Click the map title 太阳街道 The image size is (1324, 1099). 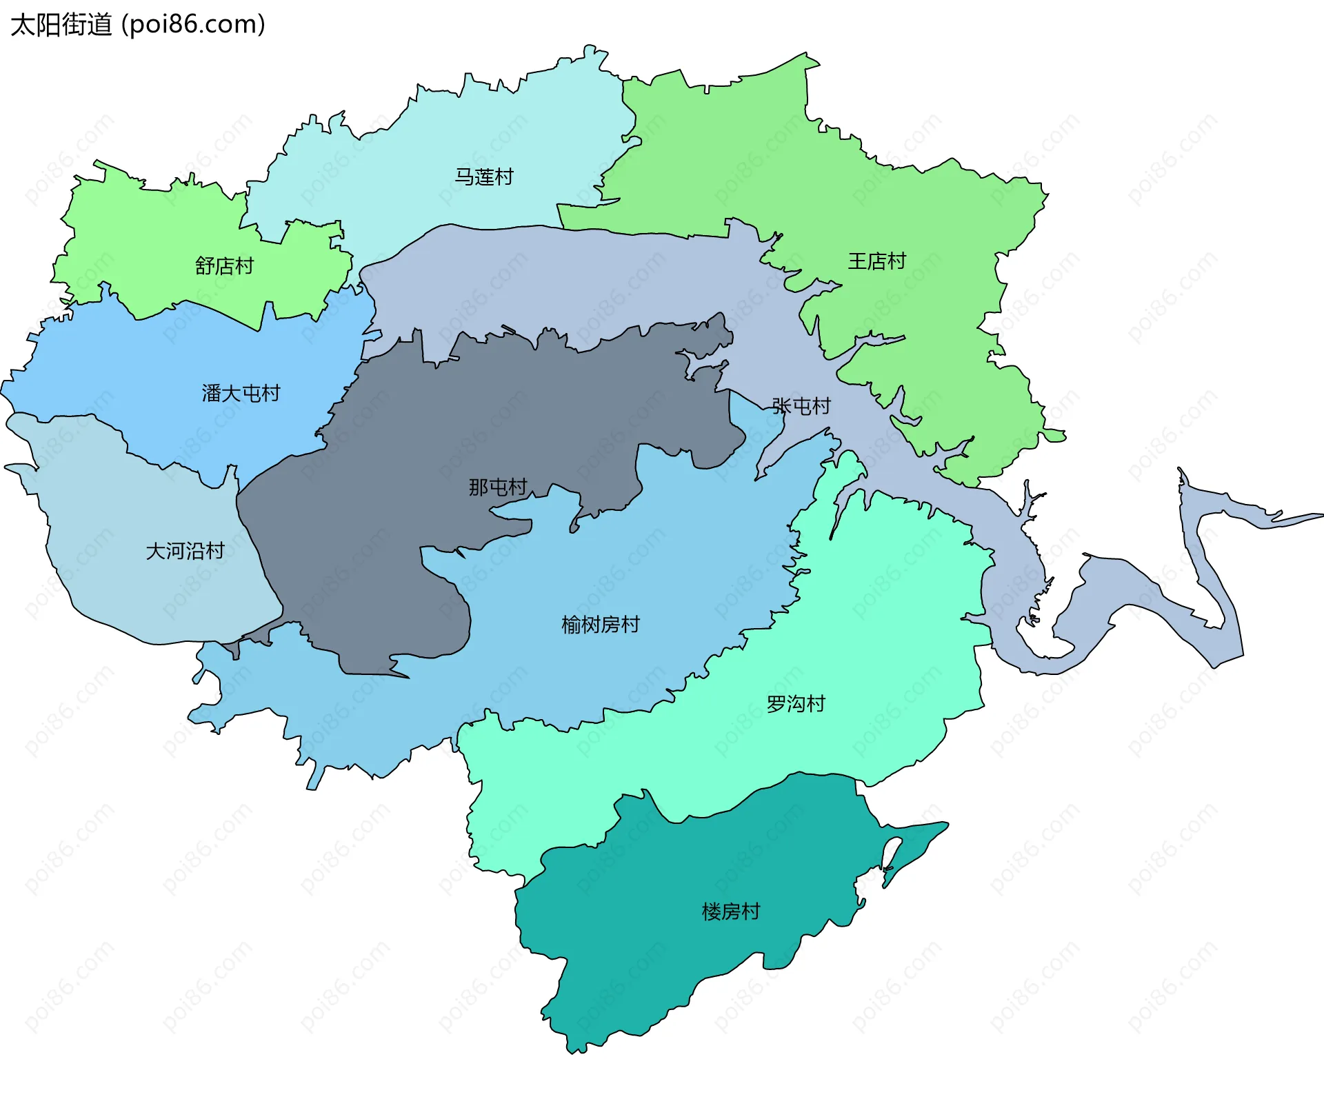pyautogui.click(x=61, y=25)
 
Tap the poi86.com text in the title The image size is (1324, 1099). pyautogui.click(x=193, y=25)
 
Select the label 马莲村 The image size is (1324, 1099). pyautogui.click(x=484, y=177)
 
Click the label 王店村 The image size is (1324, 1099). pyautogui.click(x=876, y=261)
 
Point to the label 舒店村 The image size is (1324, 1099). pyautogui.click(x=224, y=265)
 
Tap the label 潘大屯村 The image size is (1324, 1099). pyautogui.click(x=241, y=393)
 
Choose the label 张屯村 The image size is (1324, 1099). pyautogui.click(x=801, y=406)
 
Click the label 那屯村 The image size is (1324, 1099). pyautogui.click(x=498, y=487)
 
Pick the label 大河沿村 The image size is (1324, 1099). pyautogui.click(x=185, y=551)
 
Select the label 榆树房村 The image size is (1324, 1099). pyautogui.click(x=601, y=625)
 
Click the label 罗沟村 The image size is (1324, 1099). pyautogui.click(x=796, y=704)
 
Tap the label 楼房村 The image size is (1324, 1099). pyautogui.click(x=730, y=911)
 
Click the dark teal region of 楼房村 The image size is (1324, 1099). pyautogui.click(x=655, y=965)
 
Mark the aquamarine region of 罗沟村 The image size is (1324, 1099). pyautogui.click(x=896, y=621)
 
